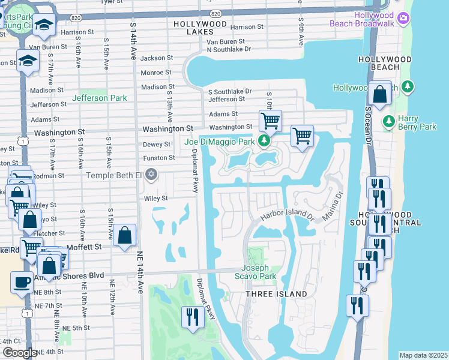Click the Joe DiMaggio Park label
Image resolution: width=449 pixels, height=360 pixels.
[x=220, y=142]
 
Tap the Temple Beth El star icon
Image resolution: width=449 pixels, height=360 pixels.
[x=151, y=175]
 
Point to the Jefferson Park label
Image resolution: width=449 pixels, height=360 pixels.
[x=99, y=98]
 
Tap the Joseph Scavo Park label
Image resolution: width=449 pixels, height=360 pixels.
[x=259, y=272]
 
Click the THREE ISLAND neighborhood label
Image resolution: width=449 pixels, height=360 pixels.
[x=276, y=294]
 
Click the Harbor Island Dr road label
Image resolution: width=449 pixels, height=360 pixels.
[x=288, y=215]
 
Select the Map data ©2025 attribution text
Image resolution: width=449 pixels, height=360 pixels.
[x=423, y=355]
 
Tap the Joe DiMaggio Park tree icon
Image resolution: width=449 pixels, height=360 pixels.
[x=263, y=142]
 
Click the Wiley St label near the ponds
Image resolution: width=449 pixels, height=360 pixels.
[x=155, y=198]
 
